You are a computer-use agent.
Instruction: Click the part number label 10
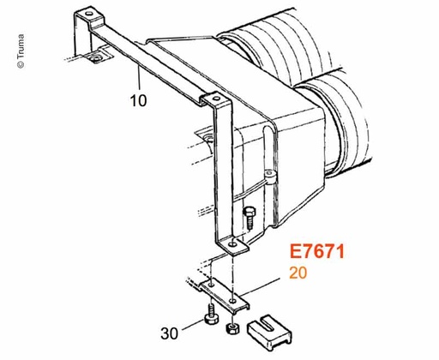[139, 100]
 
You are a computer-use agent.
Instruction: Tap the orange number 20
[298, 273]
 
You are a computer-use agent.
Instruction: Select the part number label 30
[170, 333]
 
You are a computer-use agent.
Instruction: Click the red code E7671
[317, 251]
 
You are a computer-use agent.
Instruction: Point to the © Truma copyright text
[21, 51]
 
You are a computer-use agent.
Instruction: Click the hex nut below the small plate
[232, 327]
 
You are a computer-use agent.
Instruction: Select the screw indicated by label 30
[211, 315]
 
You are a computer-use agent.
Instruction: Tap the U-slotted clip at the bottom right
[269, 333]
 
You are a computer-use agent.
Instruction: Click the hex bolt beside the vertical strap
[250, 217]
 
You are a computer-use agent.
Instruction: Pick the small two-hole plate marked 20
[225, 296]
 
